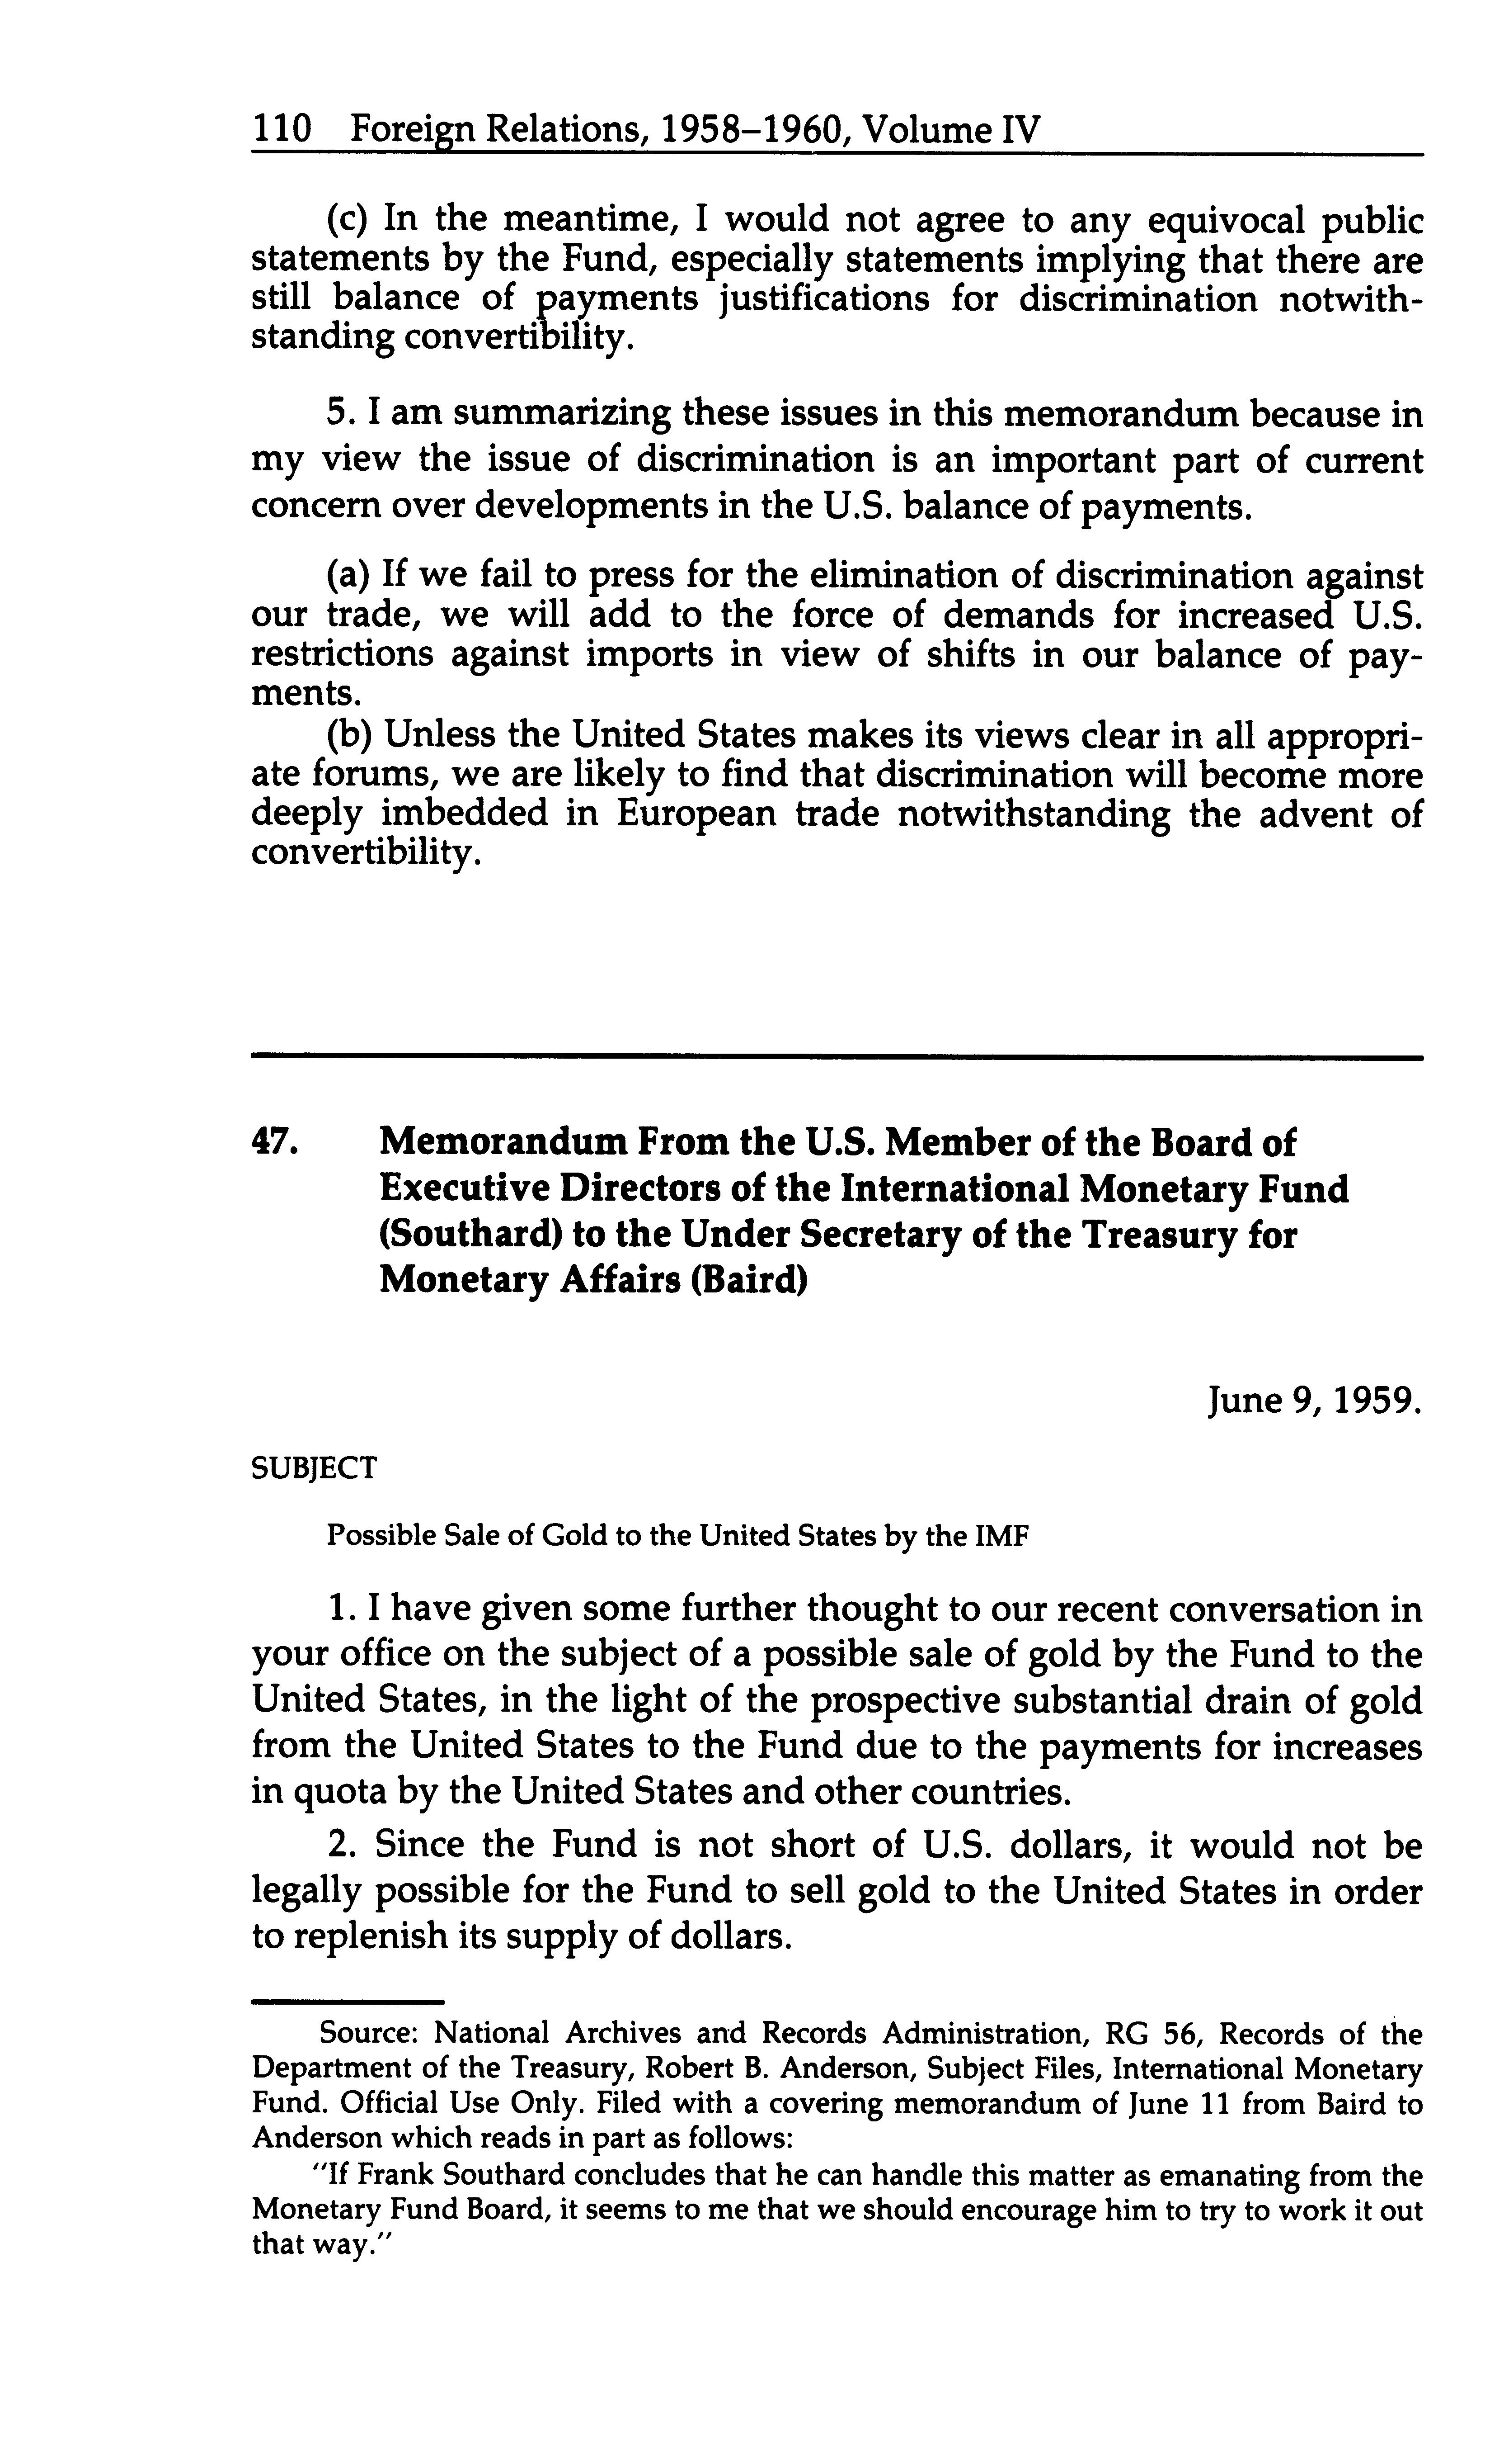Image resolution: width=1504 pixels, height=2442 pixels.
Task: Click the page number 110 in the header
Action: click(x=282, y=129)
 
